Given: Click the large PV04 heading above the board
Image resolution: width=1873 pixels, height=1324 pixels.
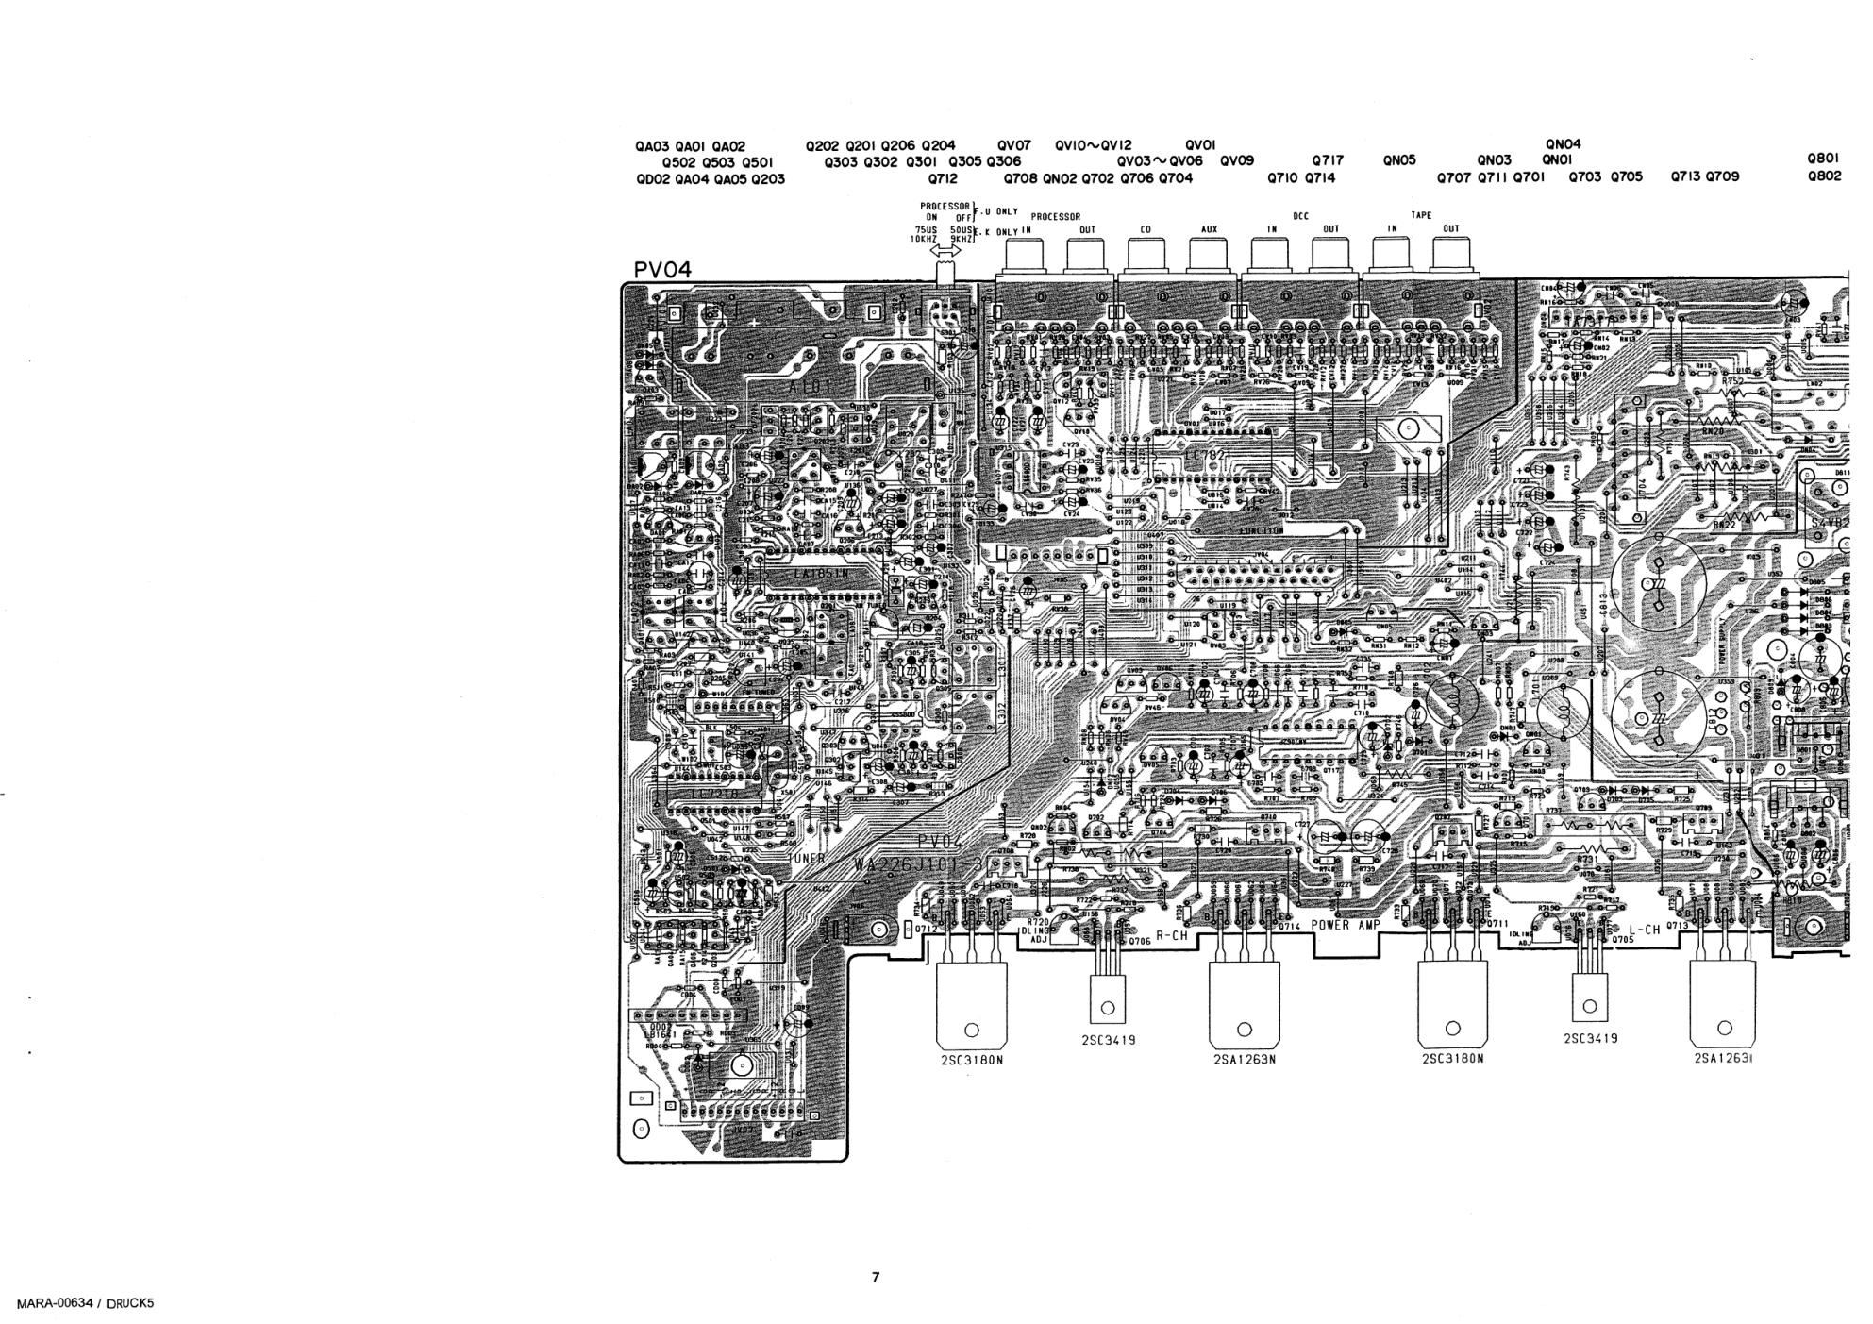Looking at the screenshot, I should [x=662, y=270].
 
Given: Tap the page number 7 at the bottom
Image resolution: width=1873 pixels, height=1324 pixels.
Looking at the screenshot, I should [x=876, y=1278].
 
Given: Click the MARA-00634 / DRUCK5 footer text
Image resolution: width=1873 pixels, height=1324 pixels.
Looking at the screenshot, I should [x=79, y=1303].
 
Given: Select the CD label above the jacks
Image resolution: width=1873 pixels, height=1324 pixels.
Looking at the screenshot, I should [x=1146, y=228].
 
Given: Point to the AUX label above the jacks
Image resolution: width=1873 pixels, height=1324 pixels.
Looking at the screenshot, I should [x=1209, y=228].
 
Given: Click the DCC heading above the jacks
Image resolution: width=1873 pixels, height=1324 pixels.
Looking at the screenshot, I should [x=1300, y=215].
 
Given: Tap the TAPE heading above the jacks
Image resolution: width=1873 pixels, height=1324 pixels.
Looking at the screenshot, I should [x=1421, y=215].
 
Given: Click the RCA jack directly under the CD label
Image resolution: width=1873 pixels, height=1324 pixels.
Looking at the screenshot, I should [x=1146, y=256].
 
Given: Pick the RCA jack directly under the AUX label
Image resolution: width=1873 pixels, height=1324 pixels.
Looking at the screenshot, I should [x=1208, y=256].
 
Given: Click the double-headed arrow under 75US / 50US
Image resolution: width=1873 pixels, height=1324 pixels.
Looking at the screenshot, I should [x=945, y=251].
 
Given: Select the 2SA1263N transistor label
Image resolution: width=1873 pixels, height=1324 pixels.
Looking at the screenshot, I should [x=1245, y=1059].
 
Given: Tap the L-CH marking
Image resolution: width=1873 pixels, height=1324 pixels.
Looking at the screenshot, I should [x=1644, y=930].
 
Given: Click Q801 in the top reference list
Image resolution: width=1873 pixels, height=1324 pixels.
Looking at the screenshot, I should [x=1824, y=159].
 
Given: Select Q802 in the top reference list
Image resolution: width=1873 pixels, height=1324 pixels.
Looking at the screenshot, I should [x=1824, y=176].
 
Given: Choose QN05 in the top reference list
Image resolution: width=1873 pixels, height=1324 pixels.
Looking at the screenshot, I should [x=1399, y=160].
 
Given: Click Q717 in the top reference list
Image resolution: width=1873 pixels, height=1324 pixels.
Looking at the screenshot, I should [x=1328, y=160].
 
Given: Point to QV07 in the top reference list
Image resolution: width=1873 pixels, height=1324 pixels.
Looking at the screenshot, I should [x=1013, y=146].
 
